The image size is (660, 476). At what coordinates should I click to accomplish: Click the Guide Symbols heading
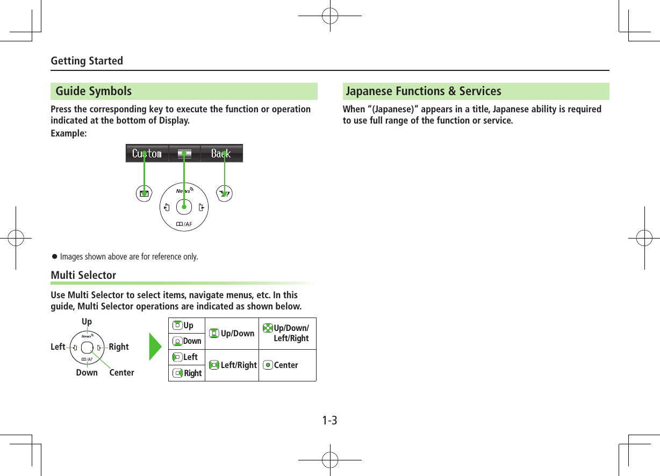(x=94, y=91)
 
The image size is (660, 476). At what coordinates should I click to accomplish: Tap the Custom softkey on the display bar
(x=147, y=154)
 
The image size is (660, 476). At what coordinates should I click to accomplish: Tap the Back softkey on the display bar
(x=221, y=154)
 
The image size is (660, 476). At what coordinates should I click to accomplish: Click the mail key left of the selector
(x=144, y=193)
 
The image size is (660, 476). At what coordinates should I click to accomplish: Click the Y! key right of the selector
(x=224, y=194)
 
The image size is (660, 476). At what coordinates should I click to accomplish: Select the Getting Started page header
(x=87, y=61)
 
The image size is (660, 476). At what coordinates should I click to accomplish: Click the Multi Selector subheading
(x=83, y=275)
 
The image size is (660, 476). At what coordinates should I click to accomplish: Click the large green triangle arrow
(x=156, y=349)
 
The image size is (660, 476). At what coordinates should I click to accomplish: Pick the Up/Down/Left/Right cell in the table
(x=287, y=333)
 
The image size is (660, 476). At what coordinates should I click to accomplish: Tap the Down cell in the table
(x=187, y=341)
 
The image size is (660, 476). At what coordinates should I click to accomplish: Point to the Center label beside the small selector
(x=121, y=372)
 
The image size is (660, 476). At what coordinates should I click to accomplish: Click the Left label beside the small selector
(x=58, y=347)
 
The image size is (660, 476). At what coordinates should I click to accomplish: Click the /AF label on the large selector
(x=184, y=224)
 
